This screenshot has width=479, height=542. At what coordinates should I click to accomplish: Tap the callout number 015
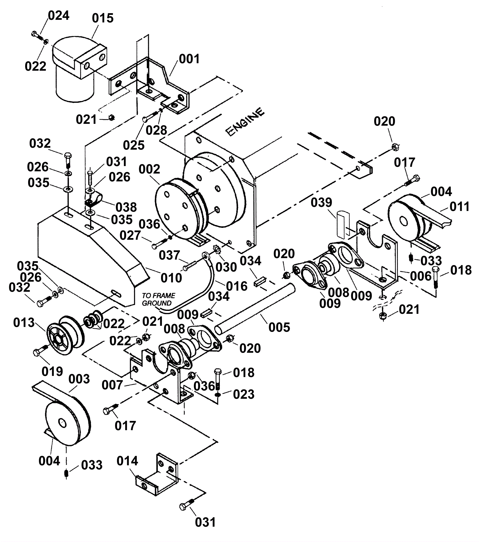pos(103,18)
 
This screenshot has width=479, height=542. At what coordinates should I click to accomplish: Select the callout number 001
pos(189,59)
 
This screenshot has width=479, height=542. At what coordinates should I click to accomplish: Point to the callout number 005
pos(279,327)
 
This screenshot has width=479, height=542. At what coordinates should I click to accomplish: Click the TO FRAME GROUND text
pos(159,299)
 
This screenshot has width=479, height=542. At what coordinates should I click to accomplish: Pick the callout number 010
pos(171,278)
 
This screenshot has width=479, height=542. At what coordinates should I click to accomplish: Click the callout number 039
pos(321,203)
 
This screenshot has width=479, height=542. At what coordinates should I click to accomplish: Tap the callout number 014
pos(127,461)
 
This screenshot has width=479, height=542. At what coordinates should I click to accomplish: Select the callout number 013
pos(24,323)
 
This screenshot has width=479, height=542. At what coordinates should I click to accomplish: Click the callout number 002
pos(149,169)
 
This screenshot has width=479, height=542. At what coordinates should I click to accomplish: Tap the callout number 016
pos(237,286)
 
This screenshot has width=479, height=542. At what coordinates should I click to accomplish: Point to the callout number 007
pos(112,385)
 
